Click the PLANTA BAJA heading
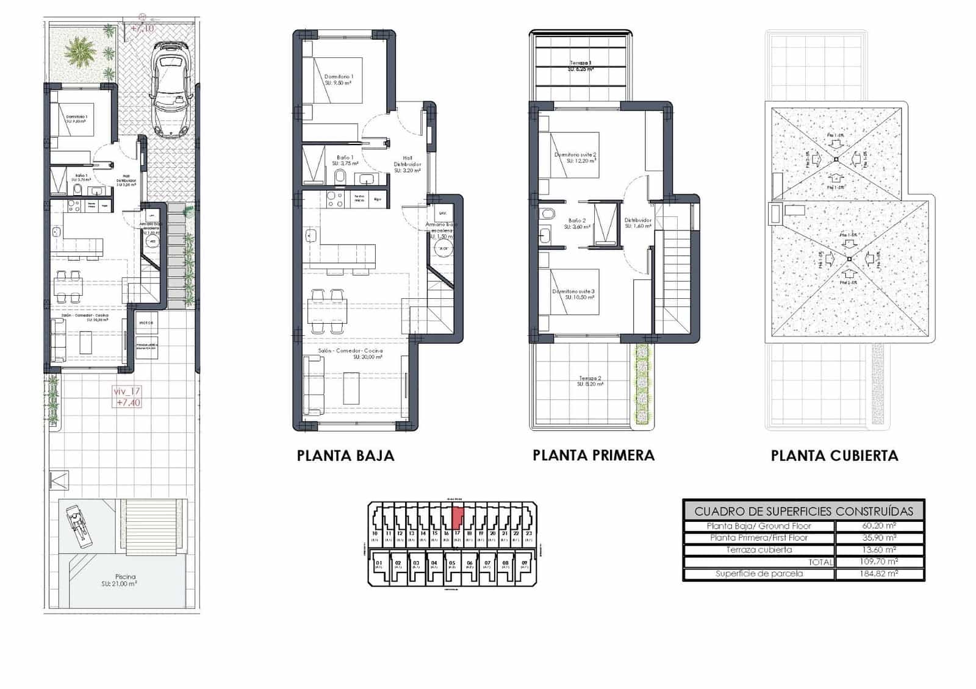tap(345, 455)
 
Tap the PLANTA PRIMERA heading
tap(593, 455)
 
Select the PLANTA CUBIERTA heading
tap(834, 455)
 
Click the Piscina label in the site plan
tap(125, 577)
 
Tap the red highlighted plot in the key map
tap(457, 518)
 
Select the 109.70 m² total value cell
tap(878, 562)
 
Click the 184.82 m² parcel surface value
tap(878, 574)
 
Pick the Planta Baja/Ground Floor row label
tap(759, 526)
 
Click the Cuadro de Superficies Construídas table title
tap(803, 511)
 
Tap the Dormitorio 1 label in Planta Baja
tap(339, 77)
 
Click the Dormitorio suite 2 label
tap(575, 155)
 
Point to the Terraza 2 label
tap(589, 379)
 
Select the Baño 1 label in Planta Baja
tap(345, 157)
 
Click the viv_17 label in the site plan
tap(127, 391)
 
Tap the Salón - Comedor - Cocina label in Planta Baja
tap(350, 351)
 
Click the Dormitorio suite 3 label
tap(573, 291)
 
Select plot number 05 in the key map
tap(452, 563)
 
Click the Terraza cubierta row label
tap(759, 550)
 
